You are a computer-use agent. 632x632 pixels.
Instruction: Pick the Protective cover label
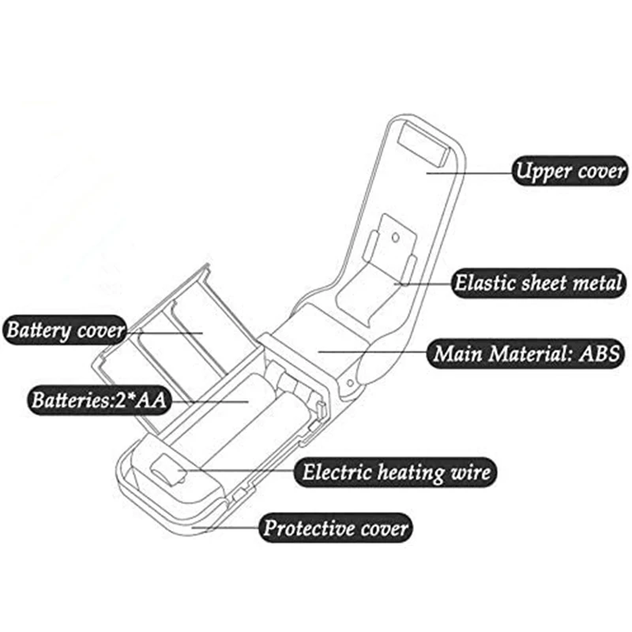pyautogui.click(x=336, y=526)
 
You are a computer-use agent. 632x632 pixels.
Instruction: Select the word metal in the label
pyautogui.click(x=596, y=283)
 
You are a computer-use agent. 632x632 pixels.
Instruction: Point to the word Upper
pyautogui.click(x=541, y=171)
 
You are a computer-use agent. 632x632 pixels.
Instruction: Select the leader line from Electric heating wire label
pyautogui.click(x=237, y=472)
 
